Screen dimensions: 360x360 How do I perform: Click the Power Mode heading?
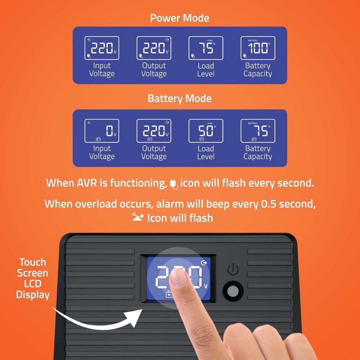(x=180, y=18)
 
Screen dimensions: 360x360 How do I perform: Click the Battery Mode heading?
(x=180, y=99)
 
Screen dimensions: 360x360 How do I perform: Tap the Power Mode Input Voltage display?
(x=102, y=48)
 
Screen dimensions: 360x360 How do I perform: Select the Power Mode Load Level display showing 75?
(x=206, y=48)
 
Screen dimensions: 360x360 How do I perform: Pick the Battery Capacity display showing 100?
(x=258, y=48)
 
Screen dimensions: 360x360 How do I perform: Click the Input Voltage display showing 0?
(x=102, y=131)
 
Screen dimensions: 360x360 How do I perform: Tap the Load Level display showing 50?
(x=206, y=131)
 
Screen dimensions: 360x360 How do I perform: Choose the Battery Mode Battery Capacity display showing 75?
(x=258, y=131)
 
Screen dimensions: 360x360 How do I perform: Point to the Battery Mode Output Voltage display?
(x=154, y=131)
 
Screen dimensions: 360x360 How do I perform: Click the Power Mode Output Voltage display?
(x=154, y=48)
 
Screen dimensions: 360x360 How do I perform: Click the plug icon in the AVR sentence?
(x=173, y=184)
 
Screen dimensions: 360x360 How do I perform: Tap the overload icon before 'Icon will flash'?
(x=138, y=218)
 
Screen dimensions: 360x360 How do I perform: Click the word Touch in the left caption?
(x=33, y=262)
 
